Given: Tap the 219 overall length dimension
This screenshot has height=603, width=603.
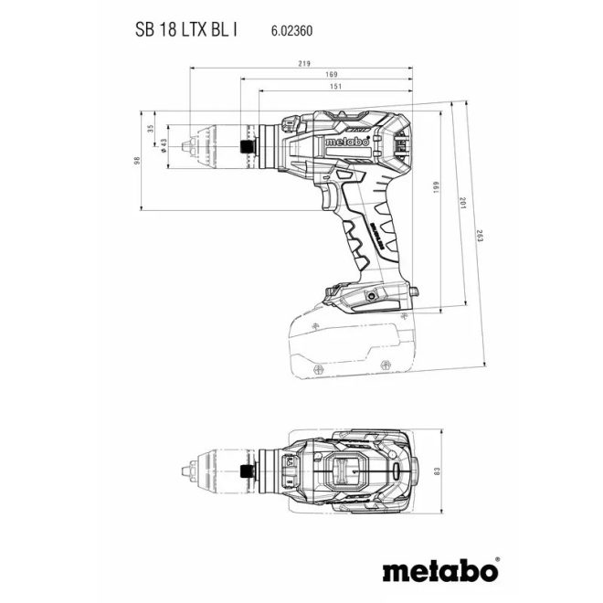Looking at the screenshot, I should tap(304, 63).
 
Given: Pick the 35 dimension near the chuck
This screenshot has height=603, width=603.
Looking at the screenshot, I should tap(151, 130).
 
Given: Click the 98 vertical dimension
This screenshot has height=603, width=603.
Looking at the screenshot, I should tap(138, 161).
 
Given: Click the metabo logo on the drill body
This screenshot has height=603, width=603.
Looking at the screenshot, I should tap(346, 143).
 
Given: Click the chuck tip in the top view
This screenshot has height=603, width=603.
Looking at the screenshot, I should tap(187, 472).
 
